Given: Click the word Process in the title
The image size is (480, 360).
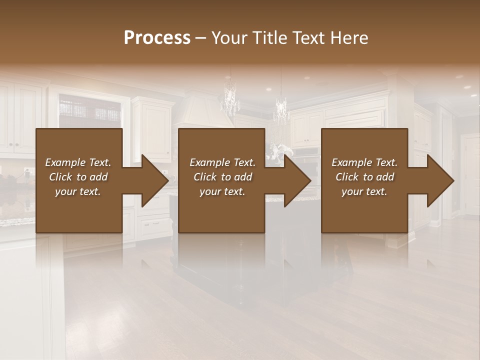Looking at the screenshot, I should (x=157, y=38).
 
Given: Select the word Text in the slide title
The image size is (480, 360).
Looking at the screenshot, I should (x=310, y=38).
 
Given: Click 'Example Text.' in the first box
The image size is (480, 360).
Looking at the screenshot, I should (x=78, y=162).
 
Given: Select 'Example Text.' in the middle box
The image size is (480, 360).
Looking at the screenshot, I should (x=222, y=162).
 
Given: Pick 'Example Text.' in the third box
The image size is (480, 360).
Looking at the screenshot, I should (x=364, y=162).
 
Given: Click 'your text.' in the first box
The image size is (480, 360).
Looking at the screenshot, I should (x=78, y=191).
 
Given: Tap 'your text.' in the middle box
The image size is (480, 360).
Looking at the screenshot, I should (x=222, y=191).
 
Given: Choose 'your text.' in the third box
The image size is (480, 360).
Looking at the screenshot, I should (x=364, y=191).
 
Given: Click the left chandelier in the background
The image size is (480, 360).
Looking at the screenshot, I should (x=230, y=100).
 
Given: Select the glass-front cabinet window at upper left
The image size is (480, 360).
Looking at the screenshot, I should (x=90, y=110).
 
